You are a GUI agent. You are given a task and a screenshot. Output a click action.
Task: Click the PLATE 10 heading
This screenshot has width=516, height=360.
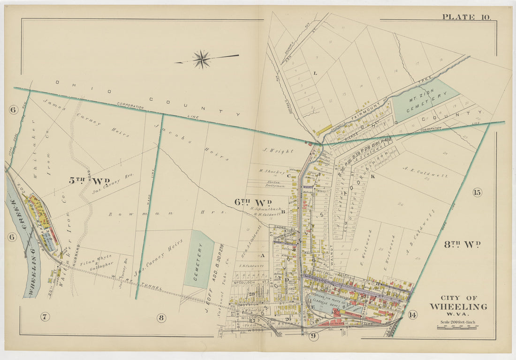[x=466, y=17]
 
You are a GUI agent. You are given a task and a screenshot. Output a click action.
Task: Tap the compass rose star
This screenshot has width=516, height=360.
[x=202, y=60]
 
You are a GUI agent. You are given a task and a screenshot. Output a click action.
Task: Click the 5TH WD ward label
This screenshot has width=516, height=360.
[x=89, y=181]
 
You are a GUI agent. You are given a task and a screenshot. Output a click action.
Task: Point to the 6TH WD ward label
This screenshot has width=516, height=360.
[x=254, y=202]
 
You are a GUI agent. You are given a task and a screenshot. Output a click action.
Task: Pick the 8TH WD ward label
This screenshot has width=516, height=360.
[x=462, y=244]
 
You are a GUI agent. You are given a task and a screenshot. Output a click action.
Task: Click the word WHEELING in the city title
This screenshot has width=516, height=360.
[x=458, y=307]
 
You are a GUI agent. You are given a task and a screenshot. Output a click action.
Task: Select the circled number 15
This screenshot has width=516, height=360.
[x=477, y=192]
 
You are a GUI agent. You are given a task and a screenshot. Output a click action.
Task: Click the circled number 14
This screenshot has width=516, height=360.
[x=412, y=315]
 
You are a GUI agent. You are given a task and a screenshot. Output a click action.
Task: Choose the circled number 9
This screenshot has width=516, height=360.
[x=313, y=335]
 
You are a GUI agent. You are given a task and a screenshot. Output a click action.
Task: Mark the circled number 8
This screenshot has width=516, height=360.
[x=161, y=318]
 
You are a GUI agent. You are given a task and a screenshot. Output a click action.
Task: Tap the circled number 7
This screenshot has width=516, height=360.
[x=45, y=317]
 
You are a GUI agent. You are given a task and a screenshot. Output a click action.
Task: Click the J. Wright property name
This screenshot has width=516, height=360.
[x=278, y=151]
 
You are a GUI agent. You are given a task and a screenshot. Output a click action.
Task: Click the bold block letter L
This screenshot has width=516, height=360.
[x=315, y=73]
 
